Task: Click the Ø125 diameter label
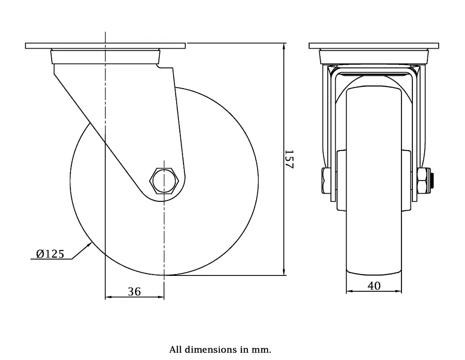(50, 254)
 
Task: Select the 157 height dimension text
(289, 159)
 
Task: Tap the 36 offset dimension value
(134, 291)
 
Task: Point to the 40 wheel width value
(374, 285)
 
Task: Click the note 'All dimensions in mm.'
(220, 350)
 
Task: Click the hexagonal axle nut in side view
(164, 181)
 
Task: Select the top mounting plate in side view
(105, 46)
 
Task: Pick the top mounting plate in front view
(374, 46)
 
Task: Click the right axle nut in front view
(421, 180)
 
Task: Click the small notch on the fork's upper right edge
(159, 66)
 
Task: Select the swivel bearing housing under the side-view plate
(105, 56)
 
